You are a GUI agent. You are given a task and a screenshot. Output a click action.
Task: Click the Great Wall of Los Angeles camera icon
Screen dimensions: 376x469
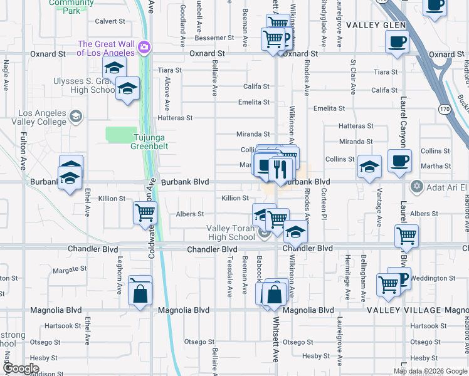(x=145, y=48)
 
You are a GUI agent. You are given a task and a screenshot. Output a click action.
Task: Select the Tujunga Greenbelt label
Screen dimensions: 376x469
(x=150, y=142)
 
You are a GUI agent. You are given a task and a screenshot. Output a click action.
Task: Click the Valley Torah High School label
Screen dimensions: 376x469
(x=231, y=233)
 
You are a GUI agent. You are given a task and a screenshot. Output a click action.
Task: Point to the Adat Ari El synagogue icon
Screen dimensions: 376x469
(x=416, y=187)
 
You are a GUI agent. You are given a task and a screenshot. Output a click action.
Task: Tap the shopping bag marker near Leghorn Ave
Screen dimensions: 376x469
(x=140, y=292)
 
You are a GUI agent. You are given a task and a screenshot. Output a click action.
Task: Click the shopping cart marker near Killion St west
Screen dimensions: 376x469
(x=145, y=212)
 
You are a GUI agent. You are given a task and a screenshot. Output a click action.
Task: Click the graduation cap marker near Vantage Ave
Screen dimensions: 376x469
(x=369, y=167)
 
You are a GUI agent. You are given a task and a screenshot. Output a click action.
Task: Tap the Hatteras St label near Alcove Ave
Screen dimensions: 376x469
(x=175, y=118)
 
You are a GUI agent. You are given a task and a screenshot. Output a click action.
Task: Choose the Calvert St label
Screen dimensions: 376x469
(x=110, y=21)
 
